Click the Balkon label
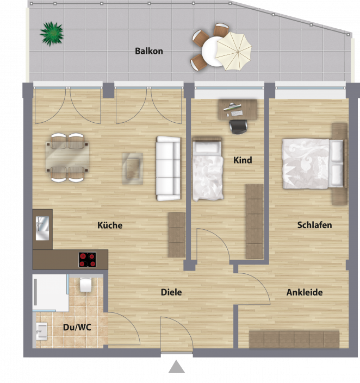tap(149, 51)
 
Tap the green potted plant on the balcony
tap(52, 34)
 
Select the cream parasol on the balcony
tap(233, 51)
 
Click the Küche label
tap(110, 225)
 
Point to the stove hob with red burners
tap(88, 260)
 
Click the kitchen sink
tap(42, 228)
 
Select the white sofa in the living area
tap(168, 168)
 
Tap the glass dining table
tap(67, 158)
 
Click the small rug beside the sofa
tap(133, 168)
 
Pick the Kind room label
tap(243, 160)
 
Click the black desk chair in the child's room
tap(238, 127)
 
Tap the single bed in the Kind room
tap(208, 169)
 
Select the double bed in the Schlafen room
tap(313, 164)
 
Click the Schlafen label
tap(314, 225)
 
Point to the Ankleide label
tap(305, 292)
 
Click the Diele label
tap(171, 292)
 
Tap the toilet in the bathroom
tap(85, 285)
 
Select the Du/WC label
tap(77, 327)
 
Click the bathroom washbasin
tap(41, 331)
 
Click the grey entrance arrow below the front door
tap(177, 367)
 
